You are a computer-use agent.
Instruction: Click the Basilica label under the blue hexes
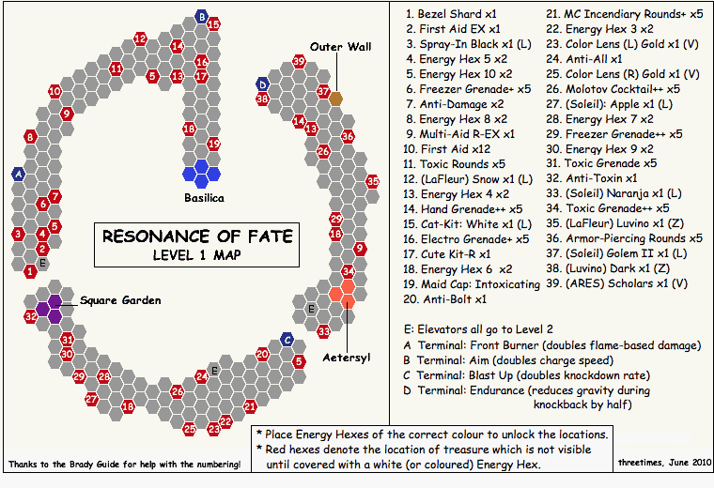(x=203, y=198)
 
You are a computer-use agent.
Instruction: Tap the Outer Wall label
(x=341, y=47)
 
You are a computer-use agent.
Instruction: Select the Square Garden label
(x=120, y=300)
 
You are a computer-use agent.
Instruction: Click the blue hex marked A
(x=19, y=174)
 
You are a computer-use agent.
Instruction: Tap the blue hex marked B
(x=202, y=17)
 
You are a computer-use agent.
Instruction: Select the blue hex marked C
(x=287, y=340)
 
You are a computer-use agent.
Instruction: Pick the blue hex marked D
(x=263, y=84)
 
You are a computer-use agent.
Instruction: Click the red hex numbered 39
(x=299, y=61)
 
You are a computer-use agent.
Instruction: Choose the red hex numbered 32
(x=31, y=317)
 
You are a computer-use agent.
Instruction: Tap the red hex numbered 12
(x=140, y=38)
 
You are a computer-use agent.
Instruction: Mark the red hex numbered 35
(x=373, y=180)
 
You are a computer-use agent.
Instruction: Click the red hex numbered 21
(x=251, y=406)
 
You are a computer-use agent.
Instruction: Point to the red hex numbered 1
(x=31, y=271)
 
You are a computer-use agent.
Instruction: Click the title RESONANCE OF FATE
(x=197, y=236)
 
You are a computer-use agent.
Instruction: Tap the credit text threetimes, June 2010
(x=660, y=464)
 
